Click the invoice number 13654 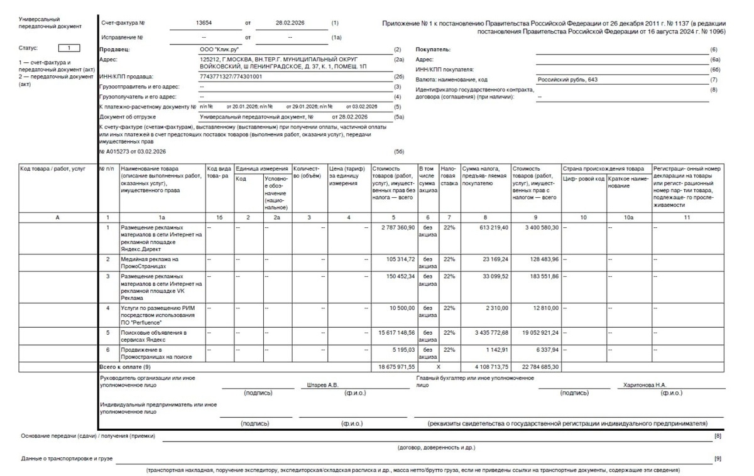[205, 23]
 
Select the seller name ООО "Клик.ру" [213, 49]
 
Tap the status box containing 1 [68, 48]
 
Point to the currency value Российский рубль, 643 [564, 80]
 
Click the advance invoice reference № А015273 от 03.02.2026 [133, 151]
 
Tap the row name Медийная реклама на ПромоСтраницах [150, 262]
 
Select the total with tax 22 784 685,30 [536, 365]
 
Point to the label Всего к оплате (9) [125, 365]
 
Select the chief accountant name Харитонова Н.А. [645, 385]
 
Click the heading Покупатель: [433, 49]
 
